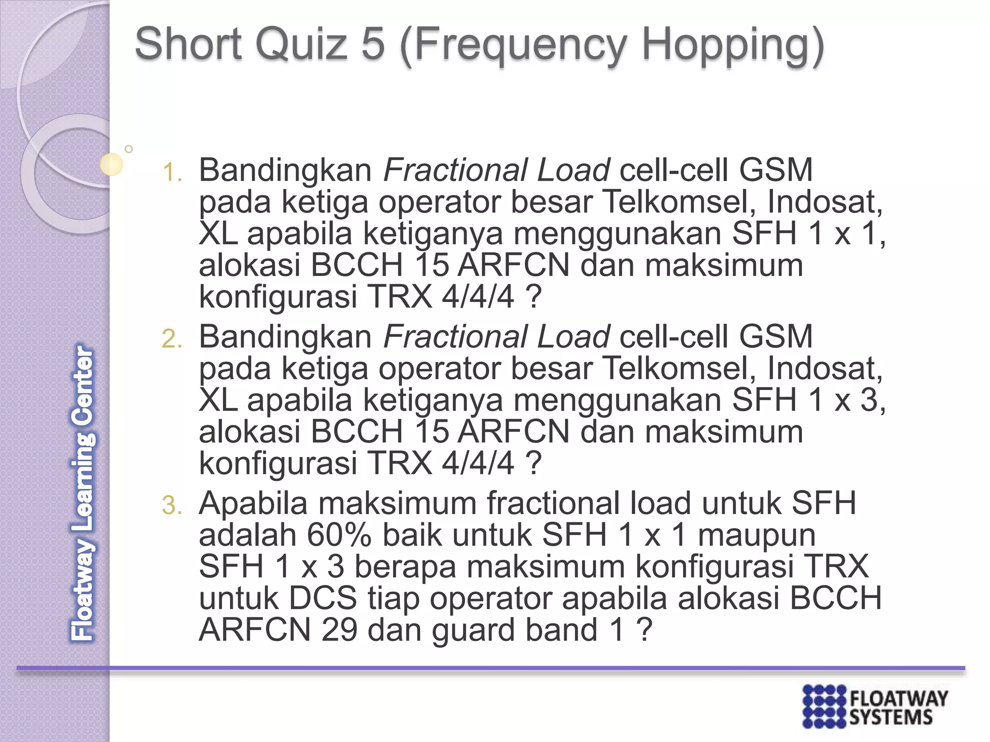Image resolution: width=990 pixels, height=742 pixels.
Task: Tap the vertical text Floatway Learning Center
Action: click(83, 493)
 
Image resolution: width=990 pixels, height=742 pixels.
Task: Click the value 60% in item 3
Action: click(339, 535)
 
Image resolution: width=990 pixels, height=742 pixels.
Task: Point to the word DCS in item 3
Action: click(322, 599)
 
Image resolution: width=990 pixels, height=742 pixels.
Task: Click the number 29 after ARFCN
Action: click(339, 630)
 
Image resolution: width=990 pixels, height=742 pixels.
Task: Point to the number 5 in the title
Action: click(373, 44)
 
